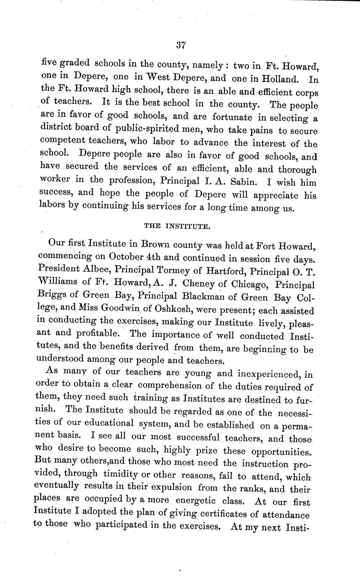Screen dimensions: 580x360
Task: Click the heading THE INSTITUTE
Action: coord(177,226)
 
